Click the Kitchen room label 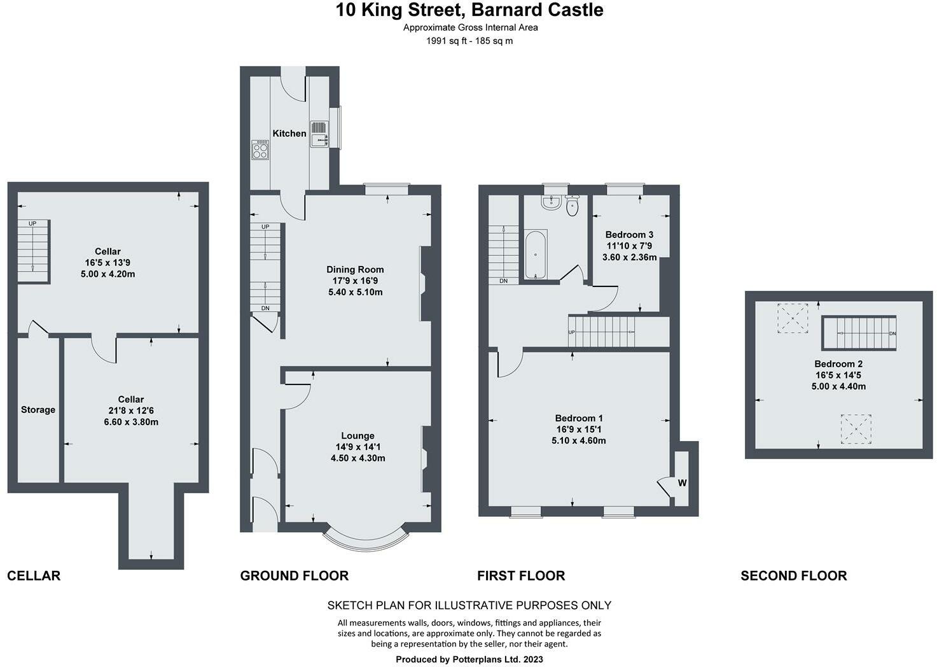(x=289, y=134)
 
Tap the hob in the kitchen (x=260, y=150)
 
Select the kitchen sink (x=319, y=134)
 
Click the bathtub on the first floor (x=536, y=255)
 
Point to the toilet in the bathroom (x=572, y=206)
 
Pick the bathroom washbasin (x=551, y=203)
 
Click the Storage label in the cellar (x=38, y=410)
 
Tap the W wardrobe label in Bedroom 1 (x=683, y=483)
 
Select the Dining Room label (x=355, y=269)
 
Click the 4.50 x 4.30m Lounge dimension (x=357, y=458)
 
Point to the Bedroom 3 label (x=629, y=235)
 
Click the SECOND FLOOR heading (x=793, y=576)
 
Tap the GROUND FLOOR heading (x=295, y=576)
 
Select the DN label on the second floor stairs (x=892, y=333)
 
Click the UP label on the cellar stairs (x=32, y=223)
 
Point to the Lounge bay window (x=366, y=542)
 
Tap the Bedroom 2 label (x=838, y=364)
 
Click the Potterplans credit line (x=469, y=660)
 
